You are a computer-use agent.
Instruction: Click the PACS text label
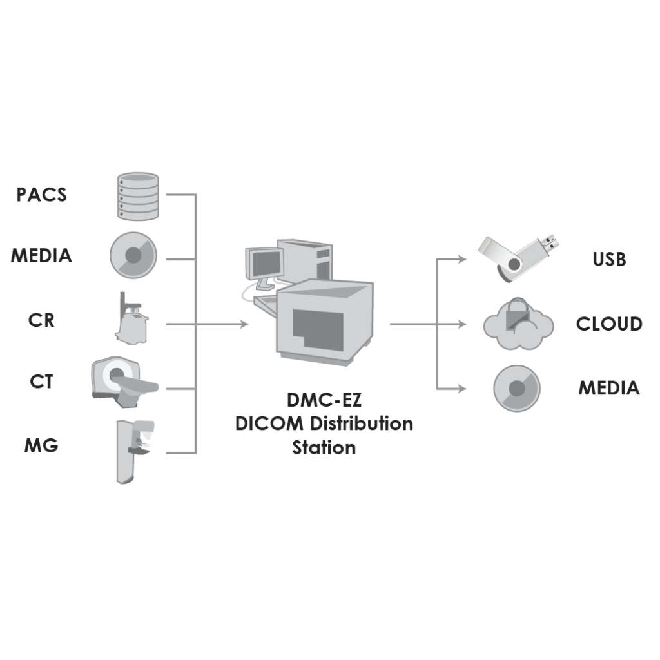(41, 195)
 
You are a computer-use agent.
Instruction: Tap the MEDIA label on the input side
(41, 256)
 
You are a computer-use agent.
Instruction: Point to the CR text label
(41, 320)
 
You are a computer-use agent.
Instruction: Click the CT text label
(41, 382)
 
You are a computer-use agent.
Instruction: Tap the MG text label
(41, 445)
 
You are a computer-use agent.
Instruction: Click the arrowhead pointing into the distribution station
(244, 325)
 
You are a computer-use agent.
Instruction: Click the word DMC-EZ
(324, 402)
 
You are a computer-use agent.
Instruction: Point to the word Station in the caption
(324, 447)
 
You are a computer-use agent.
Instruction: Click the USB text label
(609, 259)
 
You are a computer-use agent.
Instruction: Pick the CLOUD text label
(609, 324)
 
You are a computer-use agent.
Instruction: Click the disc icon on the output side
(517, 389)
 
